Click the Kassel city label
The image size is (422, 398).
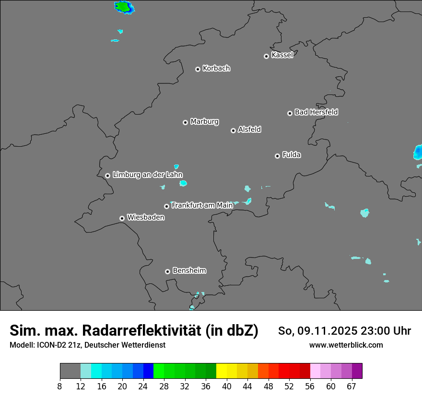coord(282,55)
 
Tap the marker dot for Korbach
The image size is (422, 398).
coord(198,69)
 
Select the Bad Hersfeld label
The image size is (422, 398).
coord(316,112)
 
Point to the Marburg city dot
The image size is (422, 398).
coord(185,122)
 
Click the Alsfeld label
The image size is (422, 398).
coord(249,129)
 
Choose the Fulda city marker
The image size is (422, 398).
coord(277,156)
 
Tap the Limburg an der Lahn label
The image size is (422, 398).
coord(147,175)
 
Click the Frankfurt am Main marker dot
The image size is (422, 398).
coord(167,206)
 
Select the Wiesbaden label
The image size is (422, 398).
coord(145,217)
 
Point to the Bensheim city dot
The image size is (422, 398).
coord(167,271)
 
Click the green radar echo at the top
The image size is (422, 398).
coord(124,7)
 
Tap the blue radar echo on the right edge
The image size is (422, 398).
coord(418,153)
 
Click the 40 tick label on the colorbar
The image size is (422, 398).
coord(226,386)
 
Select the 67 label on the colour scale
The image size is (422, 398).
coord(352,386)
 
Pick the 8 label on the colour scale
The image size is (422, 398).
coord(60,386)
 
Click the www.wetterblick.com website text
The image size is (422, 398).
coord(346,345)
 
